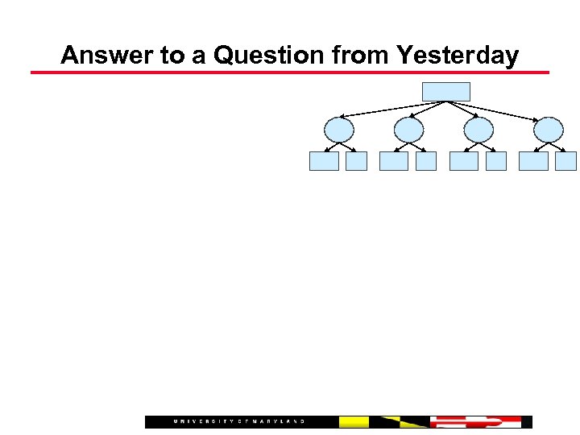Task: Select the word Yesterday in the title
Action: [456, 56]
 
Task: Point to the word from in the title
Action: [360, 56]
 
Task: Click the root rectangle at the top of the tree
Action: [445, 91]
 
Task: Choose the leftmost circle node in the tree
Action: [339, 130]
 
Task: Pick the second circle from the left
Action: [409, 130]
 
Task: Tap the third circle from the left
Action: [478, 130]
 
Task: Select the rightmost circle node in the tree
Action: [549, 130]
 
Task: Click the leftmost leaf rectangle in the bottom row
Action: [324, 161]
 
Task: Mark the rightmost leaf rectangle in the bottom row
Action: [566, 161]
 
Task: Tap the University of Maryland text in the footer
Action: [239, 421]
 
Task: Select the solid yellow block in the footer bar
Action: [354, 421]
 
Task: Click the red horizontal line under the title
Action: [290, 72]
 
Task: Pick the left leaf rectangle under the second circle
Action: [394, 161]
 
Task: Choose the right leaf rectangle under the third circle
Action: [496, 161]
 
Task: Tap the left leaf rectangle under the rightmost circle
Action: [533, 161]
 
